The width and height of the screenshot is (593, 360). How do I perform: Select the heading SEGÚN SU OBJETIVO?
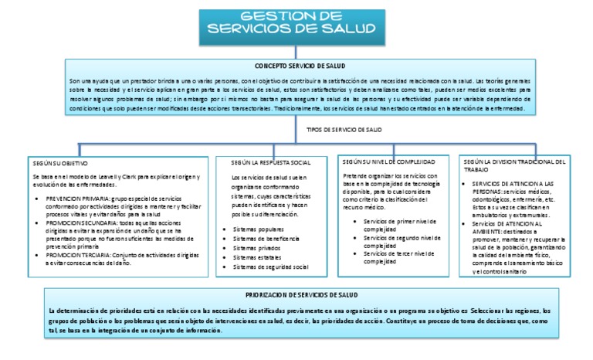pyautogui.click(x=60, y=163)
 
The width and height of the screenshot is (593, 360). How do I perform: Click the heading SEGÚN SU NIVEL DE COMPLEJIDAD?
pyautogui.click(x=389, y=161)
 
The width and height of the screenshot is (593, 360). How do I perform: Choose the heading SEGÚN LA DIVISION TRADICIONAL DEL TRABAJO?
pyautogui.click(x=514, y=165)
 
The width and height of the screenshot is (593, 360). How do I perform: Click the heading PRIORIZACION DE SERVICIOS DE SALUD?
pyautogui.click(x=301, y=295)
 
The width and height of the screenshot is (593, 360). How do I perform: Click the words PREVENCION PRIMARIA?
pyautogui.click(x=77, y=199)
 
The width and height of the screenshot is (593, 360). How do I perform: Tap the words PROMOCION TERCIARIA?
pyautogui.click(x=78, y=254)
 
